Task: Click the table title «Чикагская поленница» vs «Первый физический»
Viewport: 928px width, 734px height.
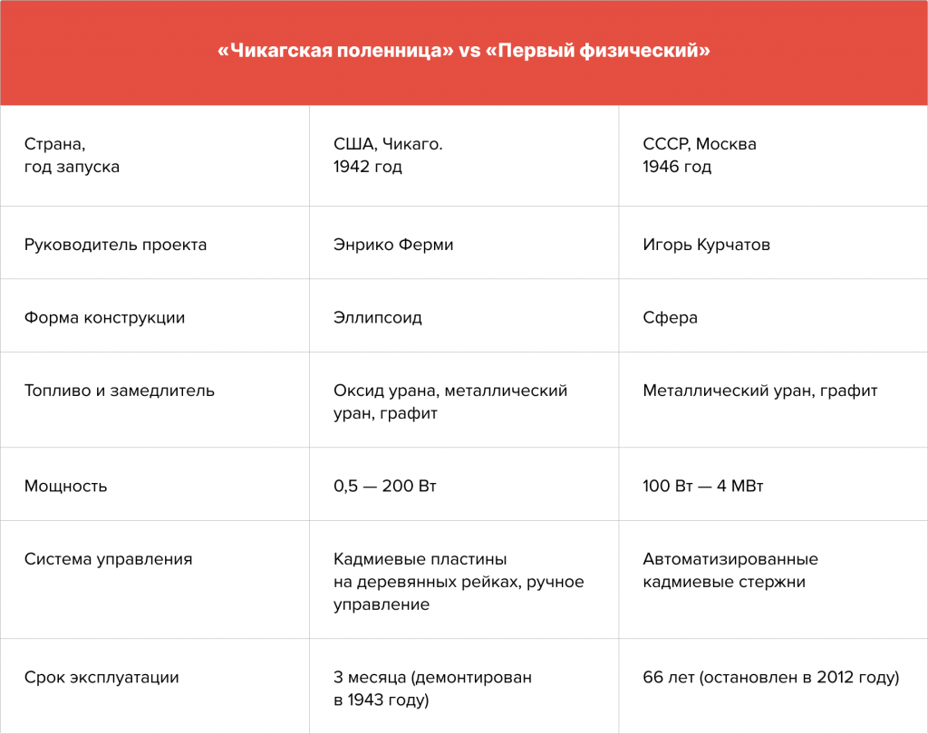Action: pyautogui.click(x=464, y=51)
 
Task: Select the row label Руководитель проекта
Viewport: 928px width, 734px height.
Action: pyautogui.click(x=115, y=245)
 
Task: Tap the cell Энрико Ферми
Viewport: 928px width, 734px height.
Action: pyautogui.click(x=393, y=245)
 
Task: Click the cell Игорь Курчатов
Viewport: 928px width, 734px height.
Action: pyautogui.click(x=706, y=245)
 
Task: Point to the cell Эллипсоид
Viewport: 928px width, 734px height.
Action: pyautogui.click(x=378, y=318)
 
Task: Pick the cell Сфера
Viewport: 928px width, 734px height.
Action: pyautogui.click(x=670, y=318)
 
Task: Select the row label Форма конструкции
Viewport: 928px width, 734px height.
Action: pyautogui.click(x=104, y=318)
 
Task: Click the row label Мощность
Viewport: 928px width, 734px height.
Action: pyautogui.click(x=65, y=486)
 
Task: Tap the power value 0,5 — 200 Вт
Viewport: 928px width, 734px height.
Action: pyautogui.click(x=384, y=486)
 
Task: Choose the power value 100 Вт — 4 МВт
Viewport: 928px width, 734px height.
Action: pyautogui.click(x=703, y=486)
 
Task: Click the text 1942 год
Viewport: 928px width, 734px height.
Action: pyautogui.click(x=368, y=167)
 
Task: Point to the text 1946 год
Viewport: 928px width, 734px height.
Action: pyautogui.click(x=677, y=167)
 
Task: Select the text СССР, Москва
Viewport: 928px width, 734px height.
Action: pyautogui.click(x=700, y=144)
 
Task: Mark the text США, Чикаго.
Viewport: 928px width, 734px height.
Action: pyautogui.click(x=388, y=144)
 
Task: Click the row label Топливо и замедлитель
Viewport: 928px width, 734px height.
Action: pyautogui.click(x=119, y=391)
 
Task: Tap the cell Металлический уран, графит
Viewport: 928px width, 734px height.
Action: pyautogui.click(x=760, y=391)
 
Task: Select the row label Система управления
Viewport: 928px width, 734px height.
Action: pyautogui.click(x=109, y=559)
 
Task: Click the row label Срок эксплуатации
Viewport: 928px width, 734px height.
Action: pyautogui.click(x=101, y=677)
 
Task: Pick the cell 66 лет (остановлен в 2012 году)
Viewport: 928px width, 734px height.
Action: pyautogui.click(x=771, y=677)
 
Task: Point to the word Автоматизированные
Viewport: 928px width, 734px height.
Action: pyautogui.click(x=730, y=559)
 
